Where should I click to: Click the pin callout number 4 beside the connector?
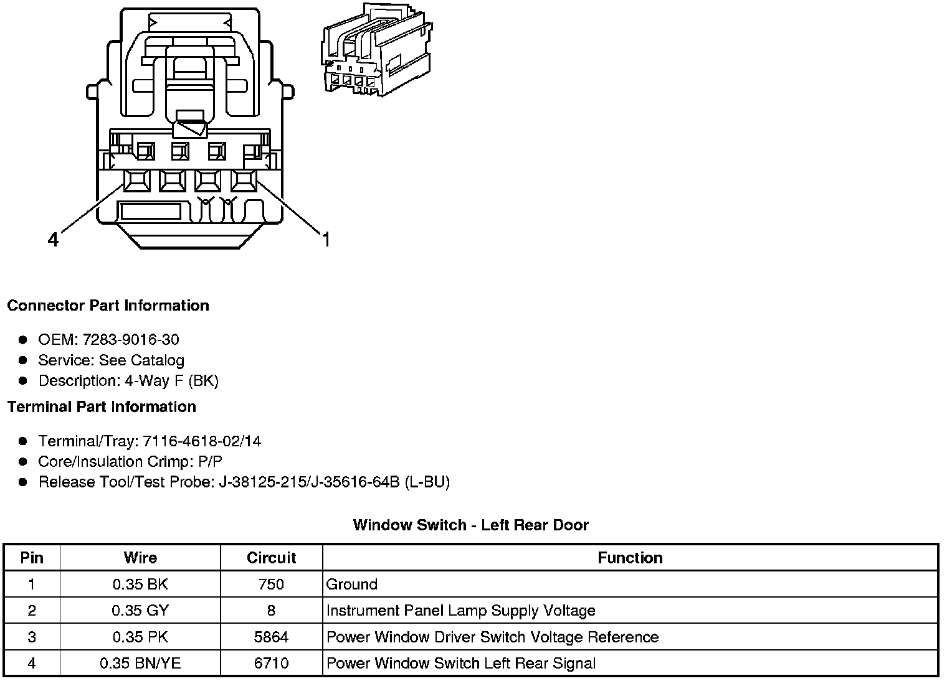(x=54, y=239)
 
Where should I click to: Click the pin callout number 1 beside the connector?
(x=325, y=239)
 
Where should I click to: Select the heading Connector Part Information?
(x=108, y=306)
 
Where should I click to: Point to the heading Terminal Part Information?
(x=102, y=407)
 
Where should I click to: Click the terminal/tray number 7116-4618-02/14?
(x=202, y=441)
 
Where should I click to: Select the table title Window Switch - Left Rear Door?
(x=470, y=525)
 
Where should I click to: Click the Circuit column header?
(x=271, y=558)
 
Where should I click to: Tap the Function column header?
(x=630, y=558)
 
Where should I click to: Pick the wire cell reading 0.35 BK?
(x=140, y=585)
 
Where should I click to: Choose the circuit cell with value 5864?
(x=271, y=637)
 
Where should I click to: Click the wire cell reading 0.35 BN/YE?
(x=140, y=664)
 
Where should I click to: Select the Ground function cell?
(x=352, y=585)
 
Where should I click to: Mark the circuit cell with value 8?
(x=271, y=611)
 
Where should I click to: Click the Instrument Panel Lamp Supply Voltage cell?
(x=460, y=611)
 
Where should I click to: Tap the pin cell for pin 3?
(x=32, y=637)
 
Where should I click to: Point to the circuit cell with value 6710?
(x=271, y=664)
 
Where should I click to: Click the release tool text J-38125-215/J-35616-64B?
(x=308, y=482)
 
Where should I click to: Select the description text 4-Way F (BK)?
(x=171, y=381)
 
